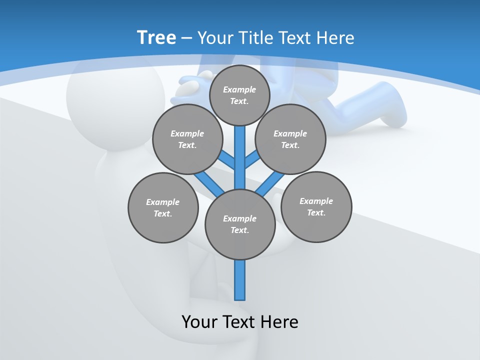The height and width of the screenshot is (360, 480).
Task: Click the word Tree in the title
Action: [156, 37]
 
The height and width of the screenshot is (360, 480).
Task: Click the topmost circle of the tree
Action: [239, 95]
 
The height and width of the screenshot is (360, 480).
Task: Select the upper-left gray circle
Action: [187, 139]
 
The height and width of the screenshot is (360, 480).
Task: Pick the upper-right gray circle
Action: [290, 139]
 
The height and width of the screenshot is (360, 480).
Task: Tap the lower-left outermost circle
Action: [163, 207]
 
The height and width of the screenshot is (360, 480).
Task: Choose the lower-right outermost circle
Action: [316, 206]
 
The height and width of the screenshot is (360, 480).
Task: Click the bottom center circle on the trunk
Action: [240, 224]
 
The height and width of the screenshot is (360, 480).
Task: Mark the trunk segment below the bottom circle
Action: [240, 280]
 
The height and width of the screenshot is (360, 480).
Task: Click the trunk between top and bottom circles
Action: [240, 157]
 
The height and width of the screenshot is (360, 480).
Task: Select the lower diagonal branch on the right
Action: [269, 185]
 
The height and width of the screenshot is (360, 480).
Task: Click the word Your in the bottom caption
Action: [199, 321]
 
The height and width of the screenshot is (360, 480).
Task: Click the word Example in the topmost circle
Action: [239, 89]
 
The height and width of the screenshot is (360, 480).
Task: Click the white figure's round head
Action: [115, 100]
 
